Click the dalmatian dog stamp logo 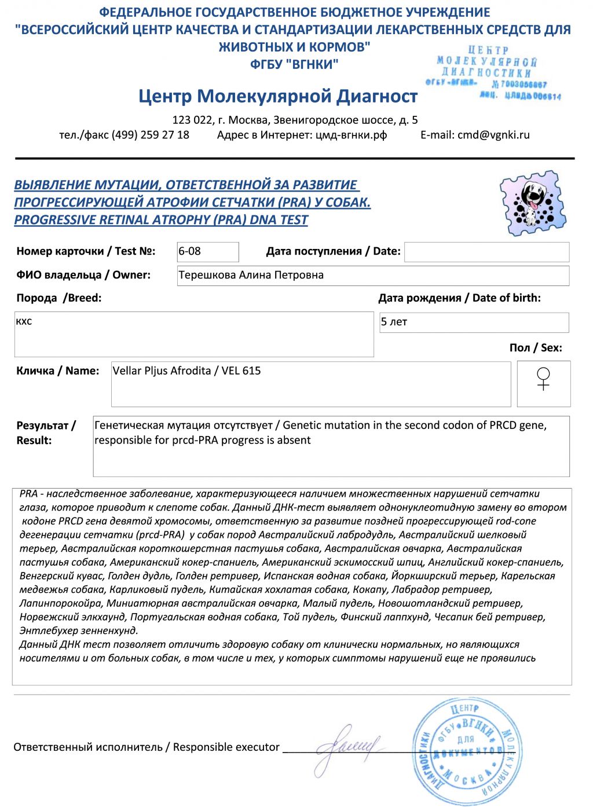click(532, 203)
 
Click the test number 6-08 click(190, 251)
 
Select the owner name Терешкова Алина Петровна click(251, 275)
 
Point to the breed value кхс click(24, 321)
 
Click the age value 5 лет click(394, 322)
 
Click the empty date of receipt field click(486, 252)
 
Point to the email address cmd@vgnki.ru click(493, 135)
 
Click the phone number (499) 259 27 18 click(150, 135)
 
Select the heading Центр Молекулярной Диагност click(278, 96)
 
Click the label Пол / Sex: click(535, 347)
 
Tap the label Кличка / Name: click(57, 371)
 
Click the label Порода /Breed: click(58, 298)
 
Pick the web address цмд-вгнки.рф click(351, 135)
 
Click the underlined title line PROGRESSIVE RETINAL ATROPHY click(161, 220)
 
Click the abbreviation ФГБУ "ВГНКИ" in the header click(294, 64)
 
